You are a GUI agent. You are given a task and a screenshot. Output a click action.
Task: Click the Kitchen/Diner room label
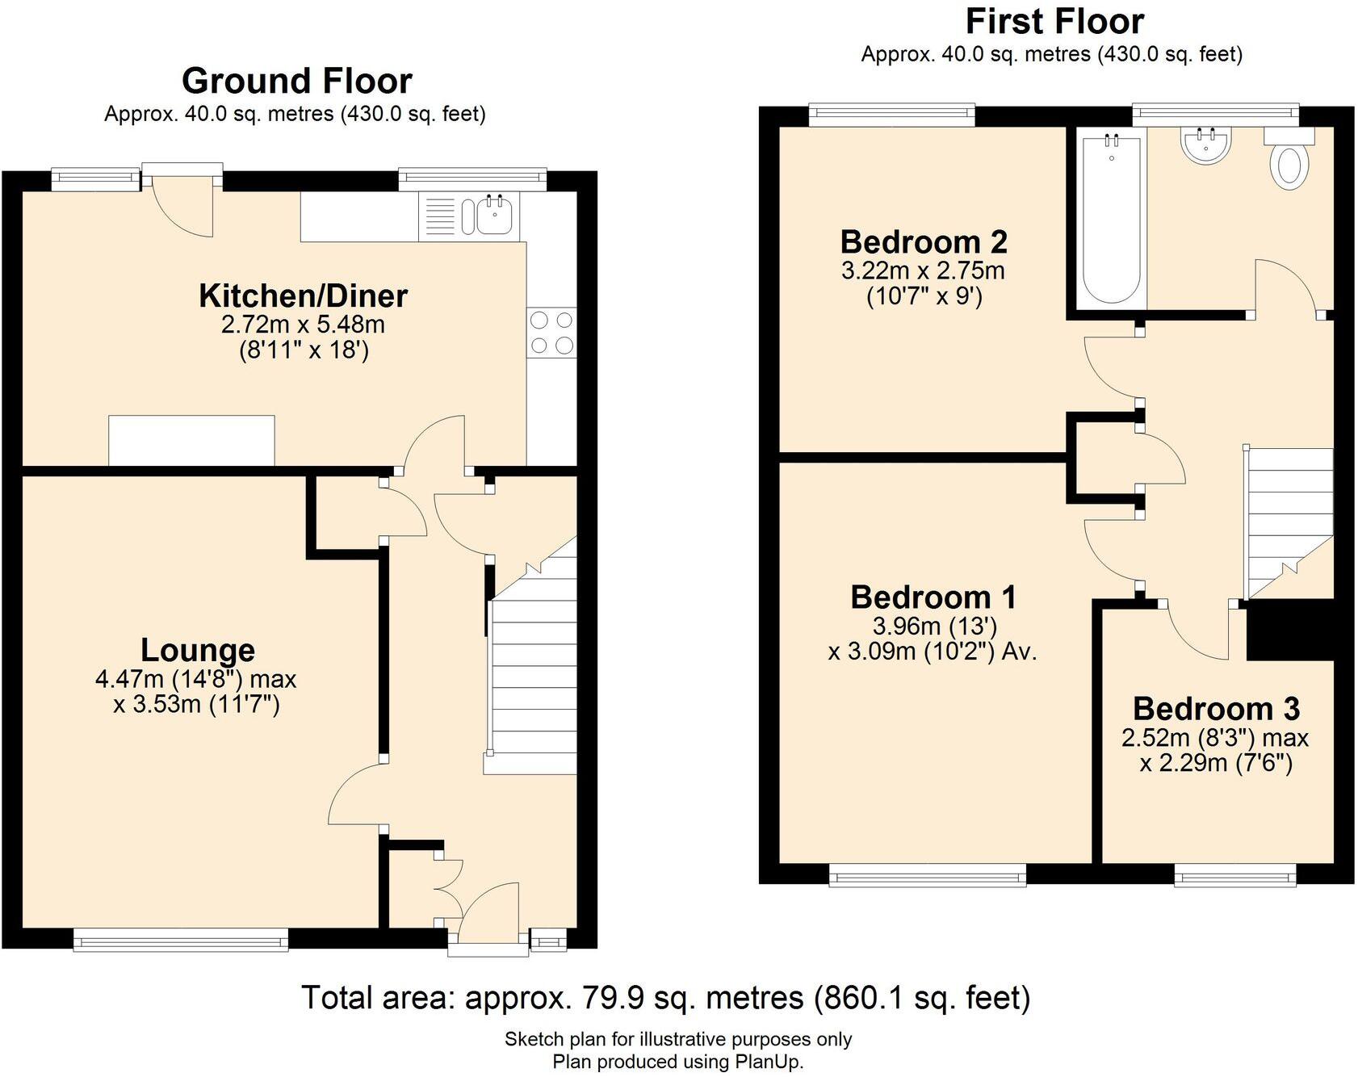(x=303, y=296)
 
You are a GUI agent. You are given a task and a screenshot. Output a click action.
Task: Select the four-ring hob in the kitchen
(x=551, y=333)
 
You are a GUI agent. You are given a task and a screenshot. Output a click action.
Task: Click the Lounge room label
(x=198, y=650)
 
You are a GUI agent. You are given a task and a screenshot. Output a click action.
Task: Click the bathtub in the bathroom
(x=1112, y=218)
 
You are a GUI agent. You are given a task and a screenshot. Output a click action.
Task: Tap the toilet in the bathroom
(x=1289, y=166)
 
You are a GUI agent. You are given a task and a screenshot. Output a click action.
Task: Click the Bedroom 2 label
(x=924, y=242)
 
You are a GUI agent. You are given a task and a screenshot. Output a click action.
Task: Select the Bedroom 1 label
(x=933, y=597)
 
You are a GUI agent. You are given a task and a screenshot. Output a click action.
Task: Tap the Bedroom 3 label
(x=1216, y=709)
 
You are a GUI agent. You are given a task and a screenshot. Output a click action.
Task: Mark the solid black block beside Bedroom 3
(x=1290, y=630)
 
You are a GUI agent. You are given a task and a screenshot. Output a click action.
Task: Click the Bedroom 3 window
(x=1235, y=875)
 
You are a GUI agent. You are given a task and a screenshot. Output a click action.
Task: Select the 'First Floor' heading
(x=1054, y=22)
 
